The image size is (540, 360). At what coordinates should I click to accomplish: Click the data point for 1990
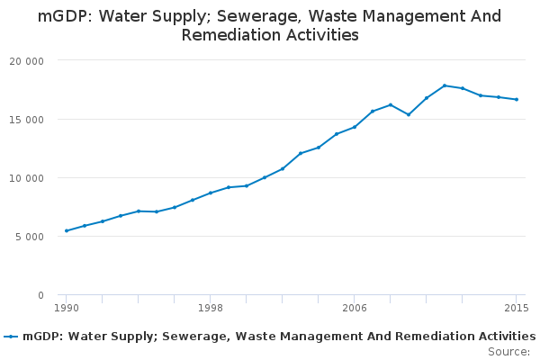(x=67, y=230)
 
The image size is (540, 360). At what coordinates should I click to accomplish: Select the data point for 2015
(x=517, y=99)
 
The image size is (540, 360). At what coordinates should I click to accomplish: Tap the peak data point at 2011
(x=445, y=85)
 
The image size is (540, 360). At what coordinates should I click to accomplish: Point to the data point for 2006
(x=355, y=127)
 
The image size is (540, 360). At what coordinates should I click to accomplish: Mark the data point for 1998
(x=211, y=193)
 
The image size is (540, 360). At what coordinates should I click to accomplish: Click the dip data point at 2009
(x=409, y=114)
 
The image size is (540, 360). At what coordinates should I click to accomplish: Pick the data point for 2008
(x=391, y=104)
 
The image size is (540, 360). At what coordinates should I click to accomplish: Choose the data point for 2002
(x=283, y=168)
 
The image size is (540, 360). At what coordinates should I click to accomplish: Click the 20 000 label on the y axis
(x=27, y=61)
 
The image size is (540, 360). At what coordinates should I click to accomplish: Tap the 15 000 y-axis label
(x=27, y=120)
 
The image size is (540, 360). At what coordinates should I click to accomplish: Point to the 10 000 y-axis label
(x=27, y=178)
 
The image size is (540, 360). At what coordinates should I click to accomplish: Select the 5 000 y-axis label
(x=30, y=237)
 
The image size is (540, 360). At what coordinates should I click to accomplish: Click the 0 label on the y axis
(x=40, y=295)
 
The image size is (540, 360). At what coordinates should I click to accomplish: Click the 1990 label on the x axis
(x=67, y=309)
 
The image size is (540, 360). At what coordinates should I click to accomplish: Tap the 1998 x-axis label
(x=211, y=309)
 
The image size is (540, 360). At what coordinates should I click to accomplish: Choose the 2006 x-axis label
(x=355, y=309)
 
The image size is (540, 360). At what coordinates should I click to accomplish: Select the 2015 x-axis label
(x=517, y=309)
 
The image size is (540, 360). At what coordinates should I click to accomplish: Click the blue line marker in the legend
(x=11, y=337)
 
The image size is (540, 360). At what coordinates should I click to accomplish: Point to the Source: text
(x=508, y=352)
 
